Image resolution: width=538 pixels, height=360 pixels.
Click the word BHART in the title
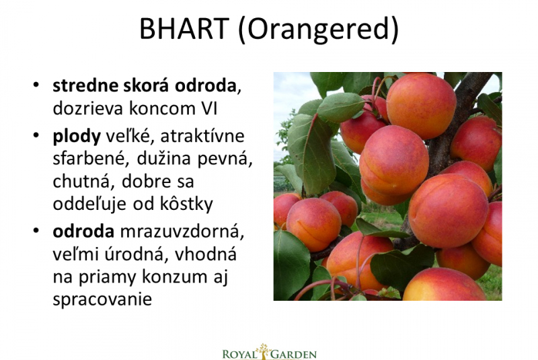pyautogui.click(x=184, y=28)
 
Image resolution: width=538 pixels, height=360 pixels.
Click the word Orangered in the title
pyautogui.click(x=318, y=30)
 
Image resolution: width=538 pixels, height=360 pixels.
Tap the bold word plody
pyautogui.click(x=77, y=137)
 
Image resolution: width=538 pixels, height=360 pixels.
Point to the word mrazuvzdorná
pyautogui.click(x=182, y=231)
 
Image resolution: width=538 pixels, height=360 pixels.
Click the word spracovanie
pyautogui.click(x=102, y=299)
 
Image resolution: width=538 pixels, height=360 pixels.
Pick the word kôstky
pyautogui.click(x=186, y=204)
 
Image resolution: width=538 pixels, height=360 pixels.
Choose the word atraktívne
pyautogui.click(x=202, y=136)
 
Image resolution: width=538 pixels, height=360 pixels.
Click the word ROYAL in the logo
pyautogui.click(x=239, y=354)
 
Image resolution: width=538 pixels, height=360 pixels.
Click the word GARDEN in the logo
pyautogui.click(x=294, y=354)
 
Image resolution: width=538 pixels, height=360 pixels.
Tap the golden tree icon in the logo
pyautogui.click(x=264, y=351)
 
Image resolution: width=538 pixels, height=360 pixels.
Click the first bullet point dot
pyautogui.click(x=36, y=85)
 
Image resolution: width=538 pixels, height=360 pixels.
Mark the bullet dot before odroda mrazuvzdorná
pyautogui.click(x=36, y=231)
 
